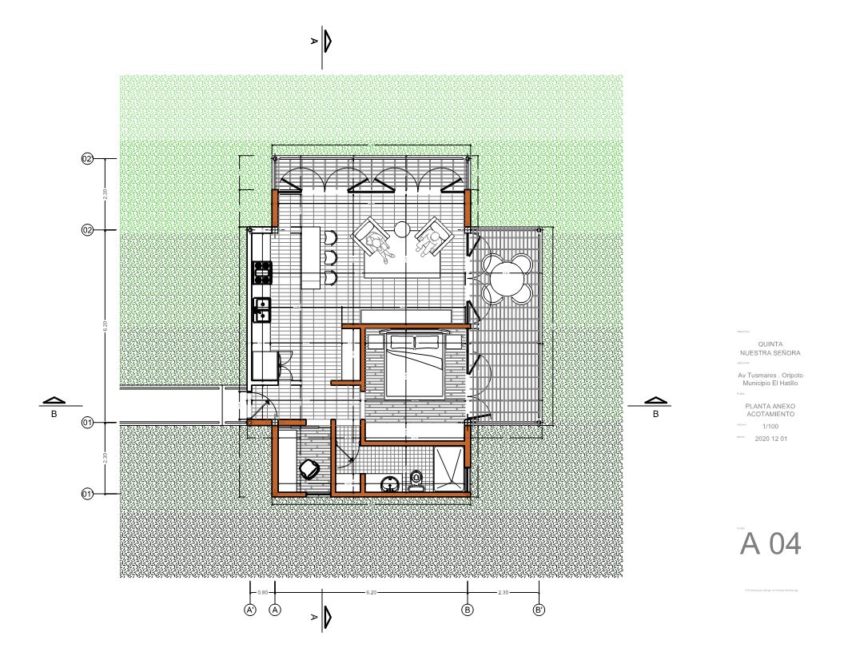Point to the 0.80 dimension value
[x=262, y=593]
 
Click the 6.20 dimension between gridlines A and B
[x=371, y=593]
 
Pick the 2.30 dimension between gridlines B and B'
[x=504, y=593]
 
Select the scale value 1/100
[x=770, y=427]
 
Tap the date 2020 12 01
[x=770, y=439]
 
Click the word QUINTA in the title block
[x=770, y=344]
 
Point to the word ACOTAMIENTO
[x=770, y=414]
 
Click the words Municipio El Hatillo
[x=770, y=384]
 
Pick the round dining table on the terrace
[x=507, y=280]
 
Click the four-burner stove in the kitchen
[x=261, y=273]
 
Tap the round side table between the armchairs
[x=402, y=229]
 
